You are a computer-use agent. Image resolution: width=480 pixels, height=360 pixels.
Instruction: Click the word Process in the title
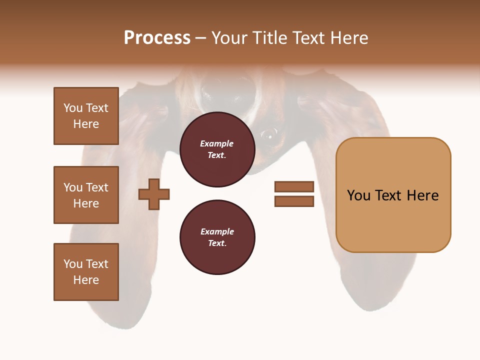pyautogui.click(x=157, y=38)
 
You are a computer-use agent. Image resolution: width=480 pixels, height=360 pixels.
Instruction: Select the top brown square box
pyautogui.click(x=86, y=116)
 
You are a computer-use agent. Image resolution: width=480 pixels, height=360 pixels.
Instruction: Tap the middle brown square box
pyautogui.click(x=86, y=195)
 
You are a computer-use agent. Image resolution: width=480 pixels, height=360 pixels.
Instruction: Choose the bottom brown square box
pyautogui.click(x=86, y=272)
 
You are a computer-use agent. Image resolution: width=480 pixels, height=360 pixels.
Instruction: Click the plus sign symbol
pyautogui.click(x=154, y=194)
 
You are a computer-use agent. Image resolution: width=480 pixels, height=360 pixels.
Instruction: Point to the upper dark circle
pyautogui.click(x=217, y=149)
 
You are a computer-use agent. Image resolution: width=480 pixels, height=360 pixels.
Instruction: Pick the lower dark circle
pyautogui.click(x=217, y=237)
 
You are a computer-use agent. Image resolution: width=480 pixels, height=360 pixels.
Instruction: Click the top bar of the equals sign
pyautogui.click(x=294, y=186)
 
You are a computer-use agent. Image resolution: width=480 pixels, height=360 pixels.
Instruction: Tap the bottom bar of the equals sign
pyautogui.click(x=294, y=201)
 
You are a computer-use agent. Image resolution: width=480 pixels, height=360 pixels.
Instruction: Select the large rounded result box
pyautogui.click(x=393, y=195)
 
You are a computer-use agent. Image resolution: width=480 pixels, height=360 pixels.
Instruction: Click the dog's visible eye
pyautogui.click(x=269, y=133)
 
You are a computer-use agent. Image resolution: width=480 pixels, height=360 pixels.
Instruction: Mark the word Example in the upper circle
pyautogui.click(x=216, y=144)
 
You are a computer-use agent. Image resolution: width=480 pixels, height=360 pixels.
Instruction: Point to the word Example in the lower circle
pyautogui.click(x=217, y=232)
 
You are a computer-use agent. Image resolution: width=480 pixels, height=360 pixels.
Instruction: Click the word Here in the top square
pyautogui.click(x=86, y=124)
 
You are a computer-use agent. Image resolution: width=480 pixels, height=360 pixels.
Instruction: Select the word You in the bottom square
pyautogui.click(x=72, y=264)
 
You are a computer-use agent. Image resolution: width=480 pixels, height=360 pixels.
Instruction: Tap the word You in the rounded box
pyautogui.click(x=358, y=195)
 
